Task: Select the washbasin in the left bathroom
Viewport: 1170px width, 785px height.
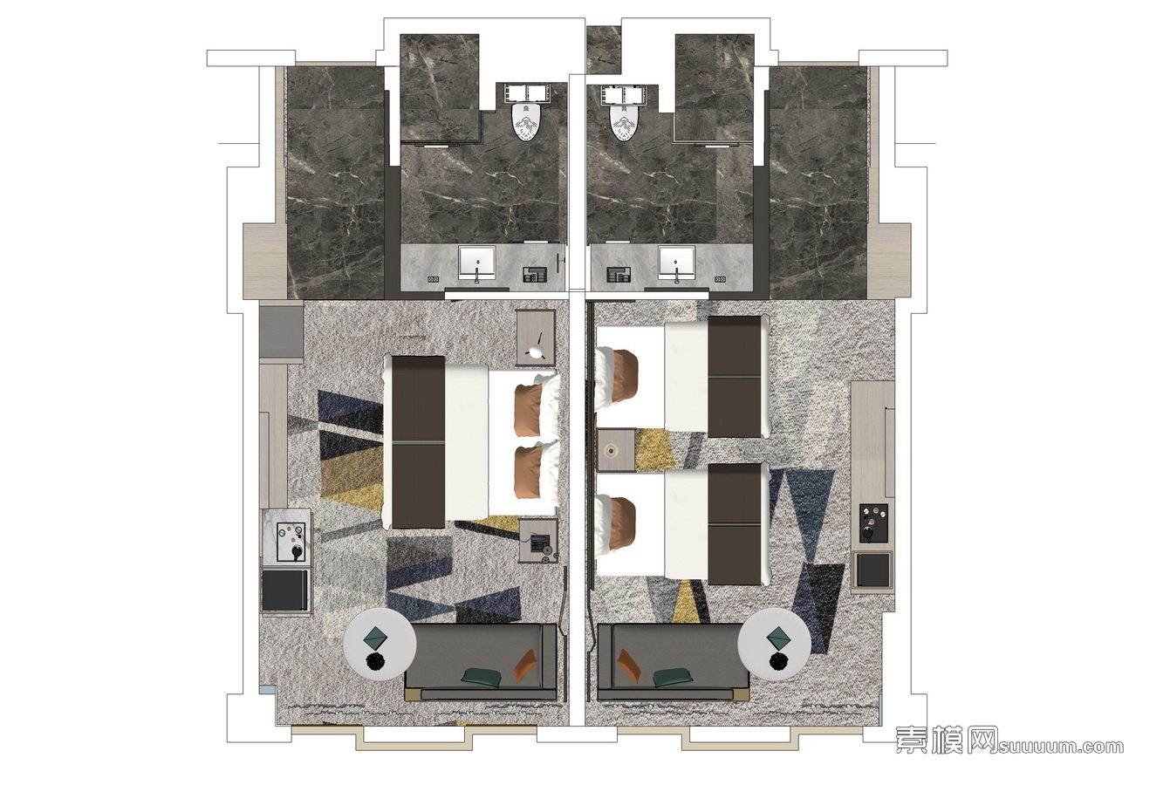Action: (476, 263)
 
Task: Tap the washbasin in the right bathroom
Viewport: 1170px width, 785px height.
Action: (676, 263)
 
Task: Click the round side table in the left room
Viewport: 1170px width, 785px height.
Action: (380, 644)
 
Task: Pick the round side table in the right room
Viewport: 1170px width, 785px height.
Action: (775, 644)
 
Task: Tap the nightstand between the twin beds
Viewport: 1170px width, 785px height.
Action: (616, 450)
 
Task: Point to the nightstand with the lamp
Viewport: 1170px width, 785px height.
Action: (536, 338)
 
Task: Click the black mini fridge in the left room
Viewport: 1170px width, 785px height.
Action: (284, 590)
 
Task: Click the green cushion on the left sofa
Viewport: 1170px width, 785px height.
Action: (481, 676)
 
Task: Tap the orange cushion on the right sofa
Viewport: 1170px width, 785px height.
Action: (629, 666)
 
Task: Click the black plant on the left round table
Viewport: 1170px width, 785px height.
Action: (375, 662)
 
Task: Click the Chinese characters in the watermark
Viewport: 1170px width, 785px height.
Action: (947, 741)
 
